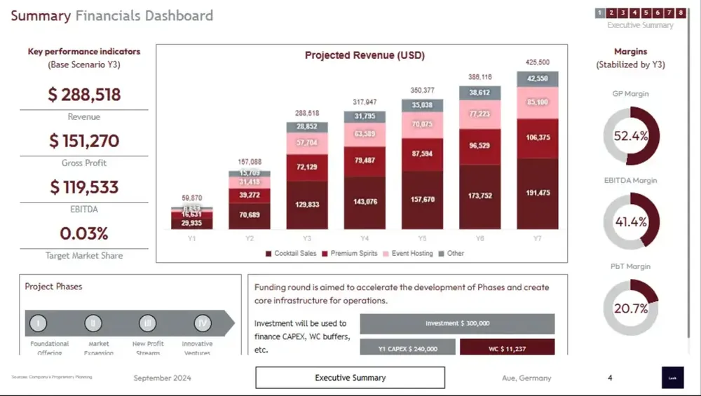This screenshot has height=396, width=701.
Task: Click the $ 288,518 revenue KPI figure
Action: pyautogui.click(x=84, y=95)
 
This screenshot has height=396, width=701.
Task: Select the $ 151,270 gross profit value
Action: pyautogui.click(x=84, y=141)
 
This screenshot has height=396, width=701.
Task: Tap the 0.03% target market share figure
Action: pyautogui.click(x=84, y=233)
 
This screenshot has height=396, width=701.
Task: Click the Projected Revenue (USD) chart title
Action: pyautogui.click(x=365, y=55)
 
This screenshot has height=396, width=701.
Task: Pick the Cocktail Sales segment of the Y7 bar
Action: pyautogui.click(x=538, y=193)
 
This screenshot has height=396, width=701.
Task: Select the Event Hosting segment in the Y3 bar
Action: pyautogui.click(x=307, y=142)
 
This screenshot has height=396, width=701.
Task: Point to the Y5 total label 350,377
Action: pyautogui.click(x=422, y=90)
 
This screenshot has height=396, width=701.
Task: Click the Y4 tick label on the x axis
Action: pyautogui.click(x=365, y=238)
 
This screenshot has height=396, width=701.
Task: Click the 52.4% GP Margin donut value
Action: pyautogui.click(x=631, y=137)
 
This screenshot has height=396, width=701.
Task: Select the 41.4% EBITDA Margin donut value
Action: pyautogui.click(x=631, y=222)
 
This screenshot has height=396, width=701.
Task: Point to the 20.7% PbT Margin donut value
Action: pyautogui.click(x=631, y=308)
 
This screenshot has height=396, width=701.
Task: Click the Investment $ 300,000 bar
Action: pyautogui.click(x=457, y=323)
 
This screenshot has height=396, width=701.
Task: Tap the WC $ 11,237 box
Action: pyautogui.click(x=507, y=348)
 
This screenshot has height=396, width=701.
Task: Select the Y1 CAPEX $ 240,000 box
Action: pyautogui.click(x=407, y=348)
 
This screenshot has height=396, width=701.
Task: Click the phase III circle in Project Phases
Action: pyautogui.click(x=147, y=323)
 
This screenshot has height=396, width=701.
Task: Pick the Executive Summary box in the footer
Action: pyautogui.click(x=350, y=378)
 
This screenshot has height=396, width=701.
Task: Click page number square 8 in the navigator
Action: pyautogui.click(x=681, y=13)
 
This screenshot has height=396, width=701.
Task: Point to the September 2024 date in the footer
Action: pyautogui.click(x=162, y=378)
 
